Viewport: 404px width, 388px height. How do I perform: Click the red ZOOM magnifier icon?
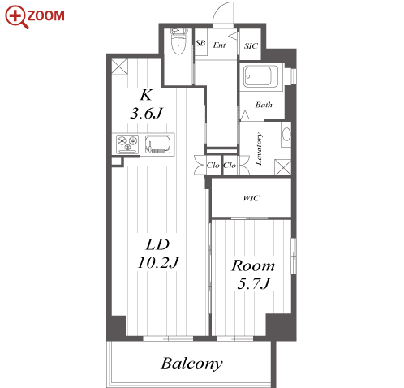(16, 16)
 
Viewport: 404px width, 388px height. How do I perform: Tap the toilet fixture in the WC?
(178, 42)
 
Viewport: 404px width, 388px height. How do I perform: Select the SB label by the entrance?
(200, 43)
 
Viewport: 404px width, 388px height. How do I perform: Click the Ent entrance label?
(219, 45)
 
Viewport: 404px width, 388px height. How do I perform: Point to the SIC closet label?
(251, 46)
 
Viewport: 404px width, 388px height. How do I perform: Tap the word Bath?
(264, 105)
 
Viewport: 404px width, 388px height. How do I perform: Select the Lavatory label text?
(259, 149)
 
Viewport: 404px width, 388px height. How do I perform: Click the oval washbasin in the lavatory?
(286, 134)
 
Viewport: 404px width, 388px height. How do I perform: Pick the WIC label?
(251, 198)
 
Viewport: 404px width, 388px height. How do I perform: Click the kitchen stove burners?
(127, 144)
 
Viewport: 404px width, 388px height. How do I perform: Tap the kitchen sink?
(158, 144)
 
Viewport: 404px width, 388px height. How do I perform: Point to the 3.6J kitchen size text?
(146, 114)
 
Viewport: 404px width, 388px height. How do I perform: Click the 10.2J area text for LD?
(158, 262)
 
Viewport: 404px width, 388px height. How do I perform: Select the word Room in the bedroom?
(253, 265)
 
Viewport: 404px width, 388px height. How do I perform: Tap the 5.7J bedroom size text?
(253, 284)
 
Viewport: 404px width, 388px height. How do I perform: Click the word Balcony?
(192, 364)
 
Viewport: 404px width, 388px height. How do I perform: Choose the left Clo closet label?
(213, 166)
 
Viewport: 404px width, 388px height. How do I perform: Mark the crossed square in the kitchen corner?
(119, 67)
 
